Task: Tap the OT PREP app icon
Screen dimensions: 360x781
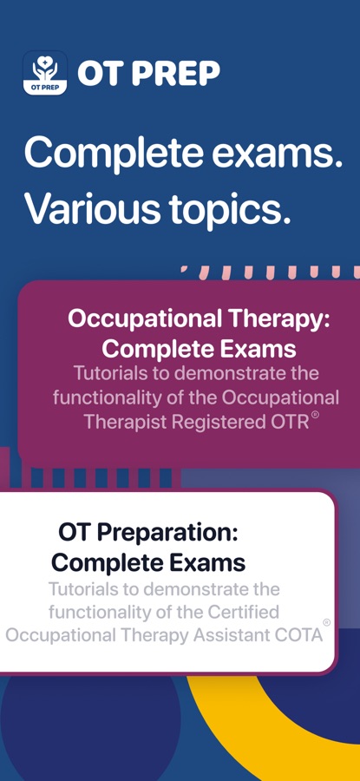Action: point(45,73)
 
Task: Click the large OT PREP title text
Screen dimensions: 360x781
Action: point(148,74)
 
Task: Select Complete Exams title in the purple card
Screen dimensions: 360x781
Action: point(200,349)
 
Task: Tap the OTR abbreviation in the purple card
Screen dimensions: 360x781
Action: point(297,423)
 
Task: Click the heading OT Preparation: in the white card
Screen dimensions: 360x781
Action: point(148,534)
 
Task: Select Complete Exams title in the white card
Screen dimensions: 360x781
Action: point(148,562)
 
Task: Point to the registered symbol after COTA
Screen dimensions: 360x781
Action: point(327,622)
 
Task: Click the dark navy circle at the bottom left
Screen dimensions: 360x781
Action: point(89,722)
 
